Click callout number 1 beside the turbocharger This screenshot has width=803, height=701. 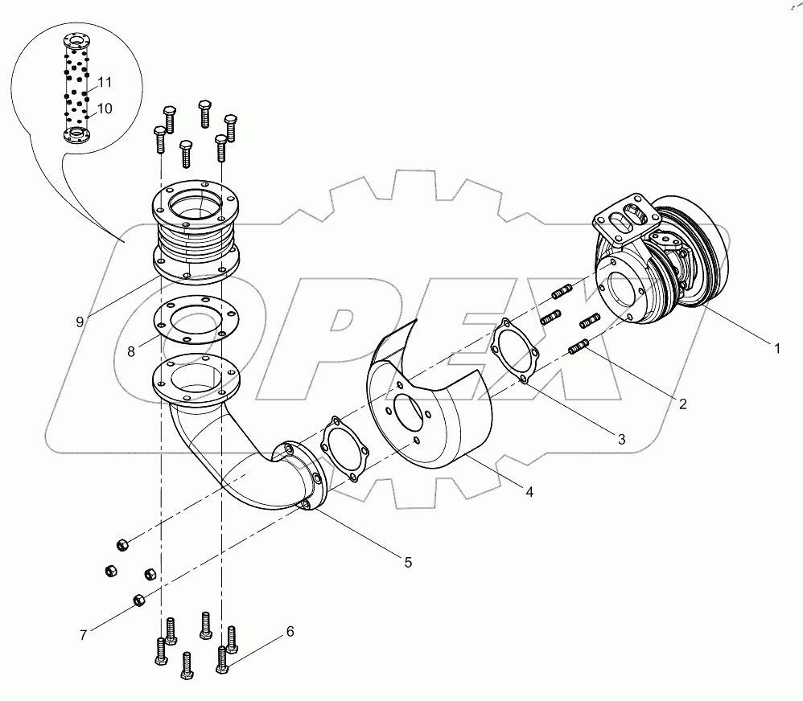(776, 348)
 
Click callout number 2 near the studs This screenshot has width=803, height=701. (682, 404)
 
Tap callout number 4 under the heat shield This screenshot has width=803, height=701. (529, 490)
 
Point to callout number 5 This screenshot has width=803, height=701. (408, 563)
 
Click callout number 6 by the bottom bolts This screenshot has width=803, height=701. (289, 632)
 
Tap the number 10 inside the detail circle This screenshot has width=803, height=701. (105, 108)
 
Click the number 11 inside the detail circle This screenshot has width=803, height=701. (105, 82)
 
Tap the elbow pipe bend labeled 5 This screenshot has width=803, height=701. (233, 474)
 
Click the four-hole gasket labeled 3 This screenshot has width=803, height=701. (514, 350)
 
